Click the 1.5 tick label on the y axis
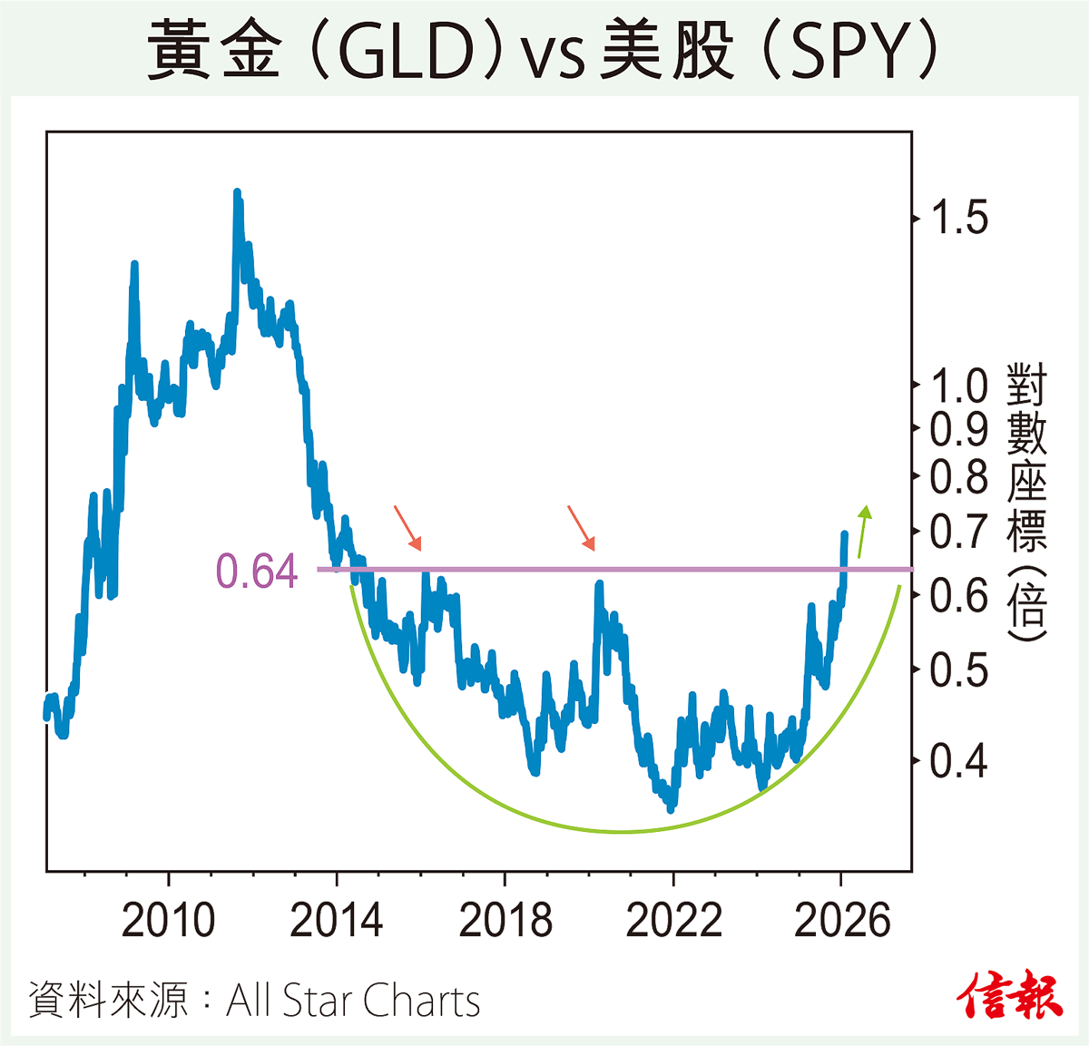point(960,218)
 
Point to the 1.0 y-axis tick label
point(960,386)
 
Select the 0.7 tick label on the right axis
point(960,532)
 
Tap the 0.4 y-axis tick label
point(960,760)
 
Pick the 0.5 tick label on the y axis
point(960,670)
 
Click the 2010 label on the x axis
point(169,920)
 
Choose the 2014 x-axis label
point(337,920)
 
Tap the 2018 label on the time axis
point(505,920)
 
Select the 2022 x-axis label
point(673,920)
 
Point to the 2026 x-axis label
point(842,920)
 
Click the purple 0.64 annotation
point(257,572)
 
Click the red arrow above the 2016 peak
point(407,528)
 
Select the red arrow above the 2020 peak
point(581,528)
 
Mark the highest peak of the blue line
point(237,193)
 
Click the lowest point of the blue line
point(671,808)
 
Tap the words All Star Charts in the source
point(353,1001)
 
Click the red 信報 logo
point(1010,995)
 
